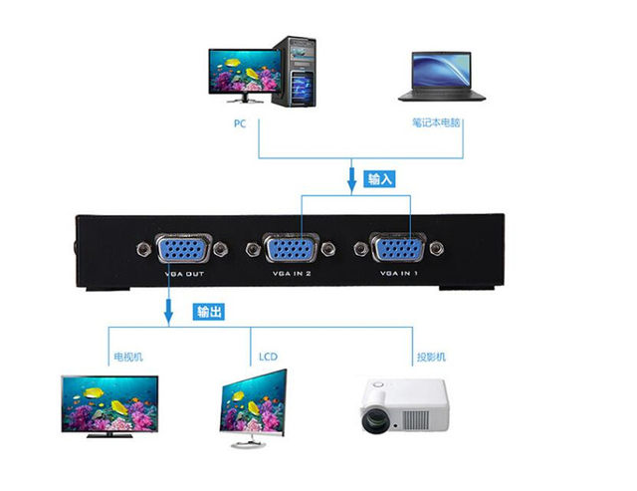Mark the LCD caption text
point(268,357)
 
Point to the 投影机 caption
point(431,357)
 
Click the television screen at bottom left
point(109,400)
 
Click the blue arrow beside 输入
point(351,181)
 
